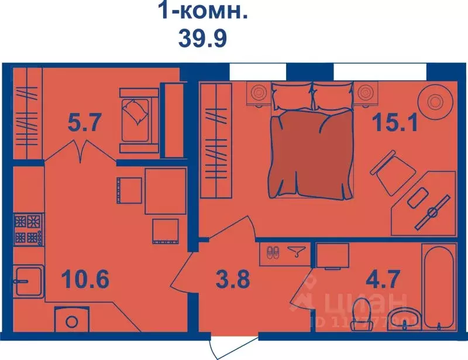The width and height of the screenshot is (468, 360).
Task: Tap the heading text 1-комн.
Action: coord(202,11)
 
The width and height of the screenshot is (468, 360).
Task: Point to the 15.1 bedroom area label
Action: coord(396,123)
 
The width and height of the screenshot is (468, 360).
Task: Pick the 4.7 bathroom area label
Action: coord(384,279)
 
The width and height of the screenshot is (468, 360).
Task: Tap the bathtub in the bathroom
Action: coord(439,286)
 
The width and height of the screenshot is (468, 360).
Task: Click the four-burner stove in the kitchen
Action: coord(28,229)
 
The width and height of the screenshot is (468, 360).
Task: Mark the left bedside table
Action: coord(257,93)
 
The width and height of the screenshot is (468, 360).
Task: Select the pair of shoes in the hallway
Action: coord(273,253)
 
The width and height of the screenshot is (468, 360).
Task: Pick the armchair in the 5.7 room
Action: coord(138,115)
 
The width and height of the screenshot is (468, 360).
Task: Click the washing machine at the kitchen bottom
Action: coord(71,320)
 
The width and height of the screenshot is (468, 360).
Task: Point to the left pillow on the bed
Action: coord(291,95)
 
